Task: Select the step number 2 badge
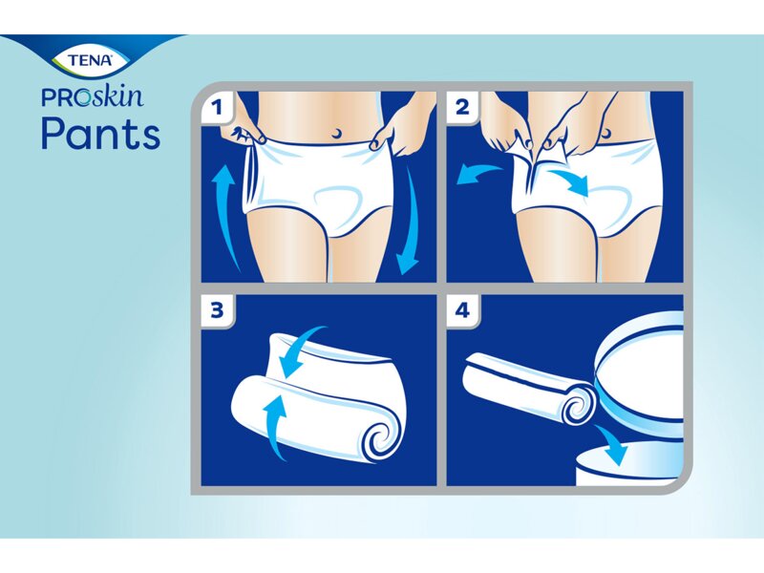[x=462, y=107]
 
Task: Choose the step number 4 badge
[x=462, y=310]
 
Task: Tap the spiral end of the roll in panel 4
[x=577, y=408]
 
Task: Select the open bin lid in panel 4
[x=640, y=368]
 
